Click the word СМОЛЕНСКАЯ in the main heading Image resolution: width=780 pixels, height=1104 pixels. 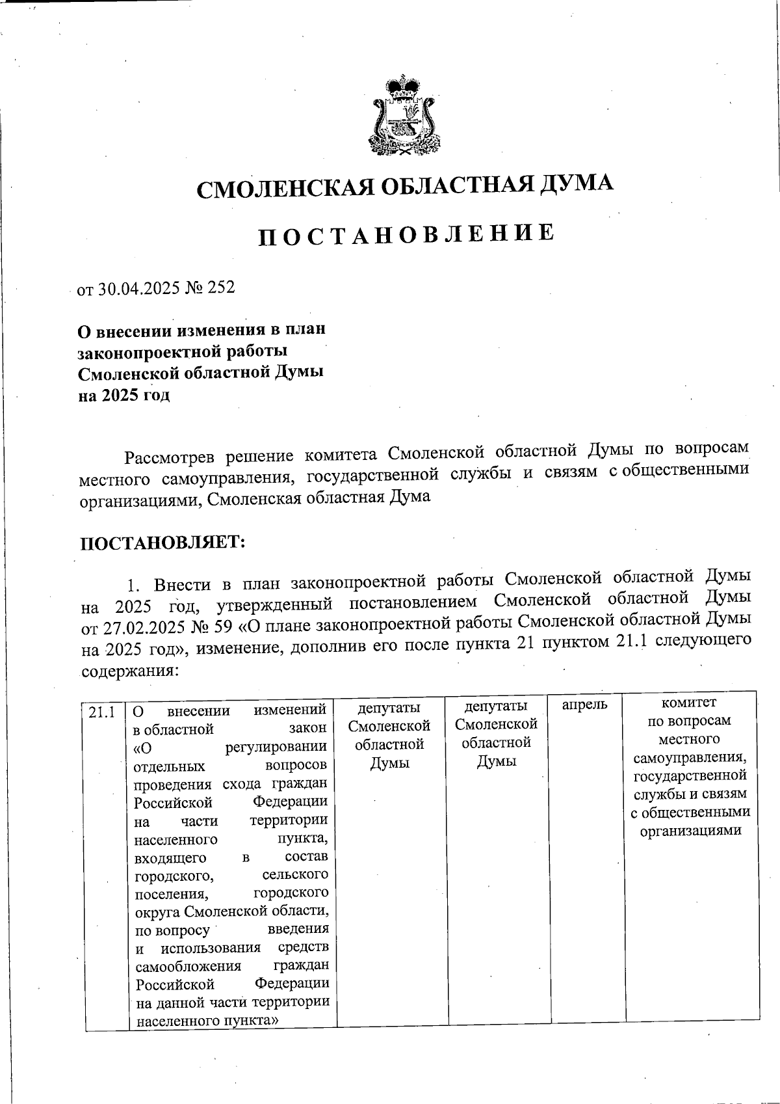point(283,189)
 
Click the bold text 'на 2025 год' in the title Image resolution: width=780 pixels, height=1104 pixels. point(124,395)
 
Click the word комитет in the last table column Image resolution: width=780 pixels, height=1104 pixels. point(688,703)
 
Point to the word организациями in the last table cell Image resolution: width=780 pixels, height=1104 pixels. point(691,831)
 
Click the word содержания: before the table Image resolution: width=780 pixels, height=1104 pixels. point(127,670)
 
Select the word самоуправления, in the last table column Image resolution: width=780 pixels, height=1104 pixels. point(690,758)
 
